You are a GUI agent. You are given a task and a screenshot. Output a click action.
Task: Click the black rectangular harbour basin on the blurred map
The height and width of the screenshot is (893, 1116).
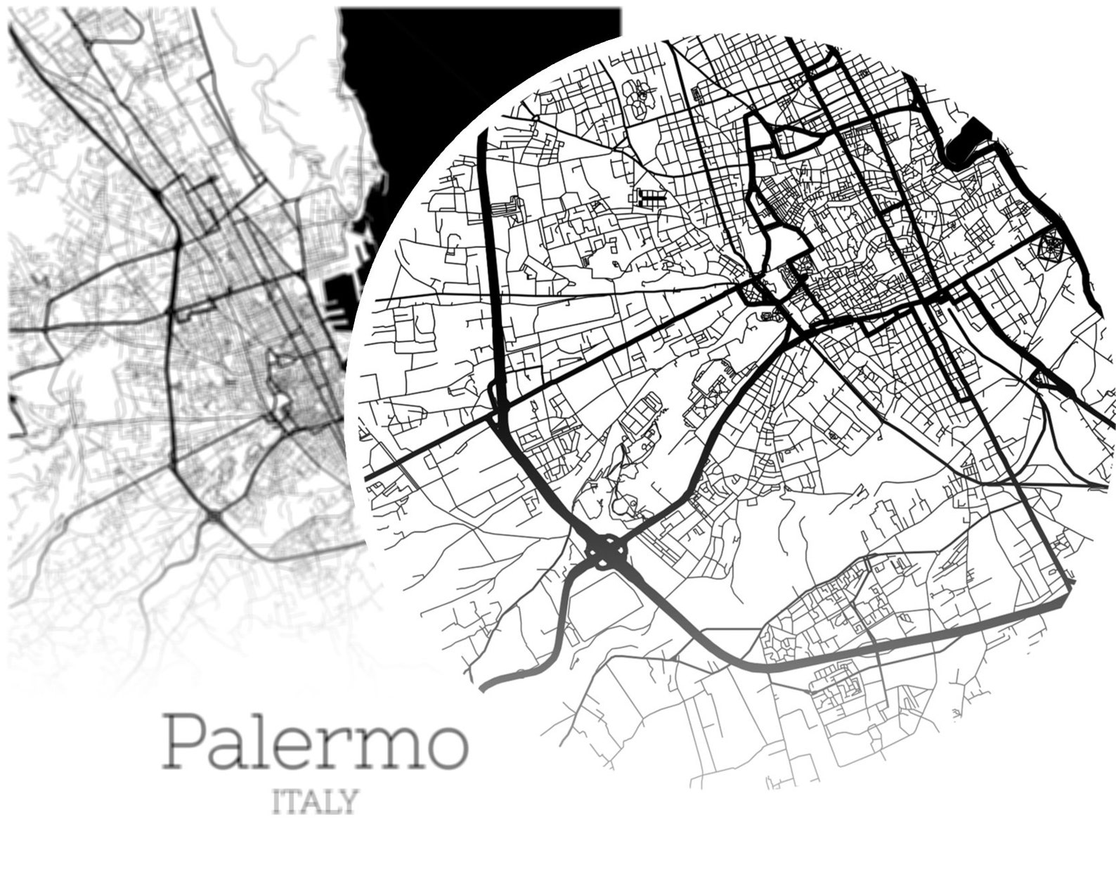336,299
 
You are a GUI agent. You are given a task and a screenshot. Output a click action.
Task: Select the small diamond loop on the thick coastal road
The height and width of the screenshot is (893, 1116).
1048,379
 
